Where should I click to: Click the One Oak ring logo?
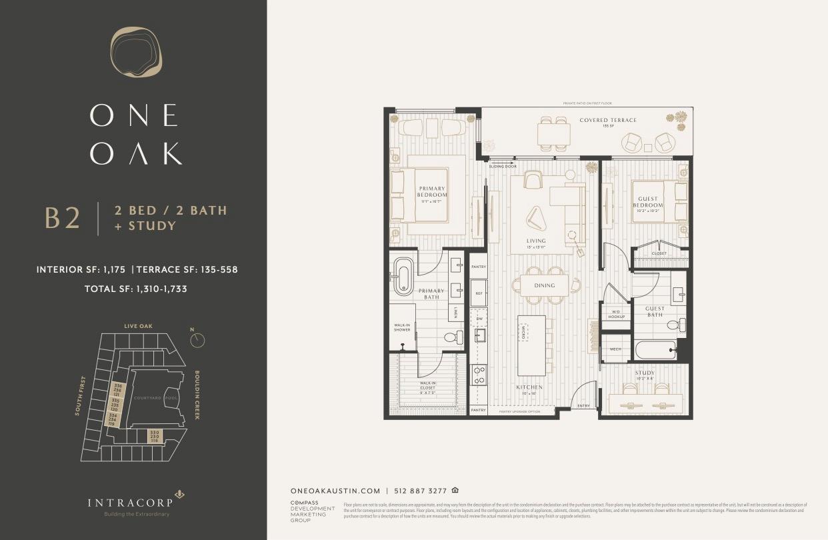click(x=136, y=52)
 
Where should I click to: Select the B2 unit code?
click(x=63, y=219)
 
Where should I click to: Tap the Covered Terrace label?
click(x=608, y=121)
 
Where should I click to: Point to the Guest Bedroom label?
click(x=647, y=202)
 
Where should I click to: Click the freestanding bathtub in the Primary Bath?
click(x=403, y=277)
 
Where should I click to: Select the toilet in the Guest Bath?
click(x=674, y=325)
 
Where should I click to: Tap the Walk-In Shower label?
click(x=402, y=327)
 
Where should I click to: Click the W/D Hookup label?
click(x=615, y=314)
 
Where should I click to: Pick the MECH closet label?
click(x=615, y=349)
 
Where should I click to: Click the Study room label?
click(x=645, y=373)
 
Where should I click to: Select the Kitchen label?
click(x=529, y=387)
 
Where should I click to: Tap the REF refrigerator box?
click(x=478, y=293)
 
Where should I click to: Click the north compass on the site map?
click(x=197, y=340)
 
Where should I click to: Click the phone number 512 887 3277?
click(x=420, y=490)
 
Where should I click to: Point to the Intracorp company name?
click(x=131, y=502)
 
